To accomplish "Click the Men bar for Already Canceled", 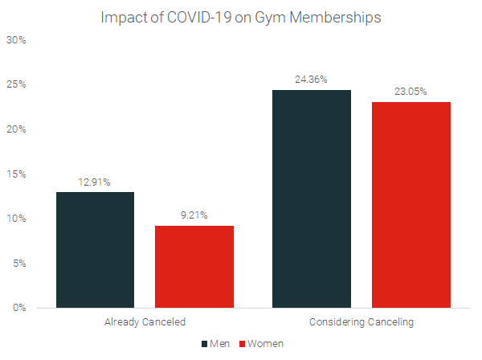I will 95,250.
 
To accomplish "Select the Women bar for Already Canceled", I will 194,267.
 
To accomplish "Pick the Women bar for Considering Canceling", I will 411,205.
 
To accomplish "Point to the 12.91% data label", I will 95,182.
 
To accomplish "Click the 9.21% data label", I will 194,215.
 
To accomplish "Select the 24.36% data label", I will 312,80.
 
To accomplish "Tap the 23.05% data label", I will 411,92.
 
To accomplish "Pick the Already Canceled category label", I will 145,322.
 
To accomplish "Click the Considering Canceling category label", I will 361,322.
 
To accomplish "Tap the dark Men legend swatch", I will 205,343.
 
